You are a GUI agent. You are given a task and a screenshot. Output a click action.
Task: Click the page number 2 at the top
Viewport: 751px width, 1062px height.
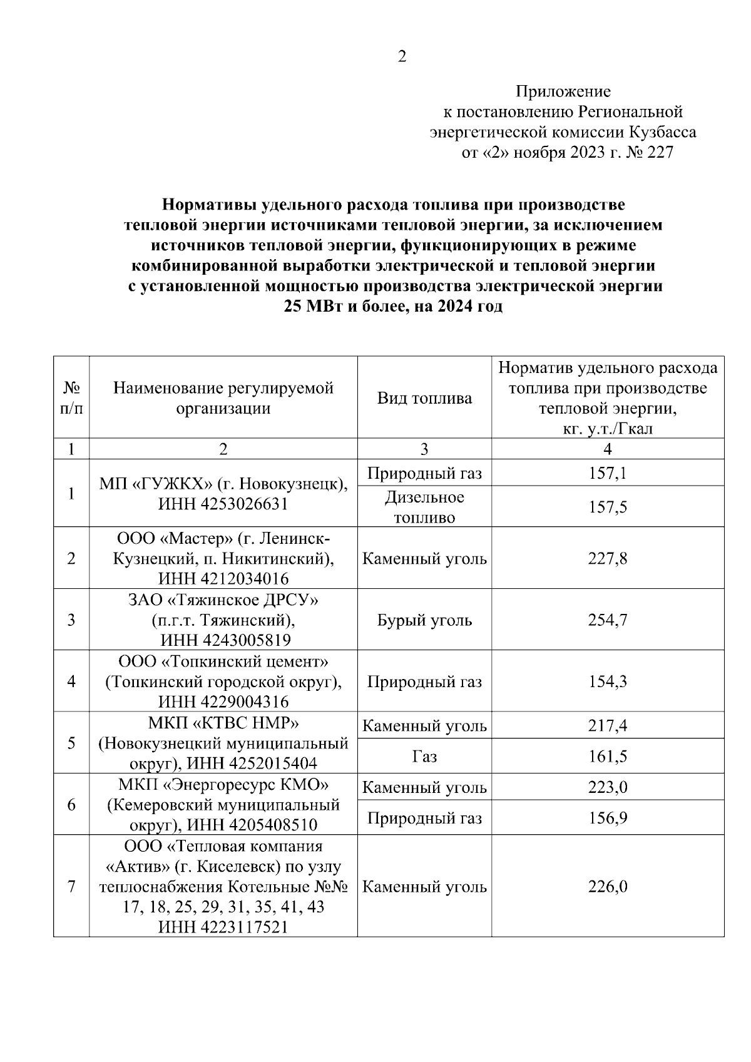(x=402, y=57)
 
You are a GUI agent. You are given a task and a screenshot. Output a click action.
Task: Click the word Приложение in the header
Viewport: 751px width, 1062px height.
(x=563, y=92)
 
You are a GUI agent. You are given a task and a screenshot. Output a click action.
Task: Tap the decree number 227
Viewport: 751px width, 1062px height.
(x=660, y=152)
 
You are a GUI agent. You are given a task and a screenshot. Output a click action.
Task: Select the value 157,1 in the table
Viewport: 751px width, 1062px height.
(x=607, y=473)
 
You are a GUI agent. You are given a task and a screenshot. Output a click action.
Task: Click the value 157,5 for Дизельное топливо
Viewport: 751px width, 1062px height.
(x=607, y=507)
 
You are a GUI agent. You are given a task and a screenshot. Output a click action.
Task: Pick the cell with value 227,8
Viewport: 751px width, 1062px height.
(x=607, y=558)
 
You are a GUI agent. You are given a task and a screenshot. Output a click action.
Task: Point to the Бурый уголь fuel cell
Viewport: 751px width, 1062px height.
(x=424, y=620)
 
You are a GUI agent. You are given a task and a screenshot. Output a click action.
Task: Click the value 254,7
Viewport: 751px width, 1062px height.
(x=607, y=620)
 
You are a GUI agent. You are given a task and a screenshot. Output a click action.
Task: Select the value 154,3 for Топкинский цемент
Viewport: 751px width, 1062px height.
(x=607, y=682)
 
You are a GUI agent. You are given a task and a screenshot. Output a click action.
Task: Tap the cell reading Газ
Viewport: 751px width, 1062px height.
(x=424, y=757)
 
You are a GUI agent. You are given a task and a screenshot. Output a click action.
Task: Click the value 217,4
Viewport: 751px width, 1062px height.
(x=607, y=726)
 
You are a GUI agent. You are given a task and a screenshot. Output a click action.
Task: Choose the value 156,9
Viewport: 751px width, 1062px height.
(x=607, y=818)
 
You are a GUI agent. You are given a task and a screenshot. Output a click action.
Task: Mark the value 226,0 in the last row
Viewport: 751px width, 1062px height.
(x=607, y=887)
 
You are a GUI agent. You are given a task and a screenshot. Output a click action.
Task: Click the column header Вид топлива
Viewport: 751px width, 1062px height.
(x=424, y=399)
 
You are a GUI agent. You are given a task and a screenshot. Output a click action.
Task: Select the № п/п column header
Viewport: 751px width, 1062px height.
(x=71, y=399)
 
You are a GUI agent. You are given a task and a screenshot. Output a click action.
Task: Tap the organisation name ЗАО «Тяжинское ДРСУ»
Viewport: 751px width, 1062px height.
(x=223, y=600)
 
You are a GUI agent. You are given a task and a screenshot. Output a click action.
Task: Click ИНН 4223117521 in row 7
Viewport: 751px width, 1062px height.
(x=223, y=927)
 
